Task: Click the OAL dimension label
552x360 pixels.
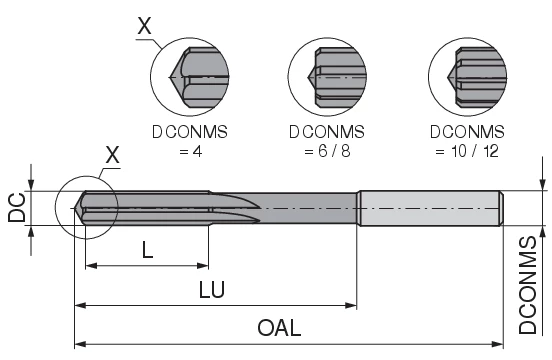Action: pos(279,327)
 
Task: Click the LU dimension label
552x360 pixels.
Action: pos(212,289)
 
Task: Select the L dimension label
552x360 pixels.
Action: pos(147,251)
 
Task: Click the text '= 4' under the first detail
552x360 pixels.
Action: pos(190,150)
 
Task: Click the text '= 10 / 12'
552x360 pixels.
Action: pos(467,150)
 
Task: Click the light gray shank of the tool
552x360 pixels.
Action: pos(430,207)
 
